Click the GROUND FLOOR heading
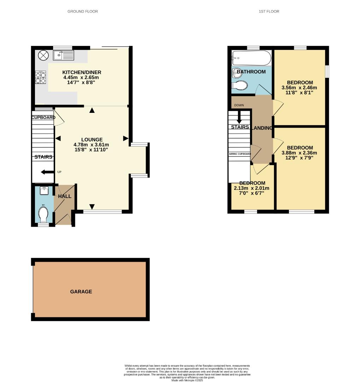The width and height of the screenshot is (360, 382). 82,11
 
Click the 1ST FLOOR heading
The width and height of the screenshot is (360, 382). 269,11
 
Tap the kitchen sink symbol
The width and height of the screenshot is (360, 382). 63,55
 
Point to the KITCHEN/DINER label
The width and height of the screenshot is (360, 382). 81,72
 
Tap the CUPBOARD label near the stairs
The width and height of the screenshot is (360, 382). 43,117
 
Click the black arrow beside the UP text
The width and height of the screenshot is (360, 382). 46,172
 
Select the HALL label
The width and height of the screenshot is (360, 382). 65,196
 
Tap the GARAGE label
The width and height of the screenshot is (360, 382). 81,291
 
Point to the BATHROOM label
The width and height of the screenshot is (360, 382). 251,72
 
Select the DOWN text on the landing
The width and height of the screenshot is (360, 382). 239,105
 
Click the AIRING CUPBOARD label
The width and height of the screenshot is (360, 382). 240,154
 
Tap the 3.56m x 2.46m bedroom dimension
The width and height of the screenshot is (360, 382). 299,88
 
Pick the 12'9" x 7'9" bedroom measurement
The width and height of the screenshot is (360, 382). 299,158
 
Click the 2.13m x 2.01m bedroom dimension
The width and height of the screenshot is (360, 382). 251,188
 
